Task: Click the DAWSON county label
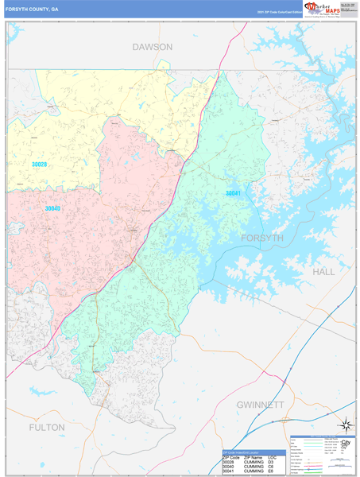pos(152,47)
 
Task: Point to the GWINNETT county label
pos(260,405)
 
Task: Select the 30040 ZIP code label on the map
pos(52,208)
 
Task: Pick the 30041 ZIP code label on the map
pos(233,193)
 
